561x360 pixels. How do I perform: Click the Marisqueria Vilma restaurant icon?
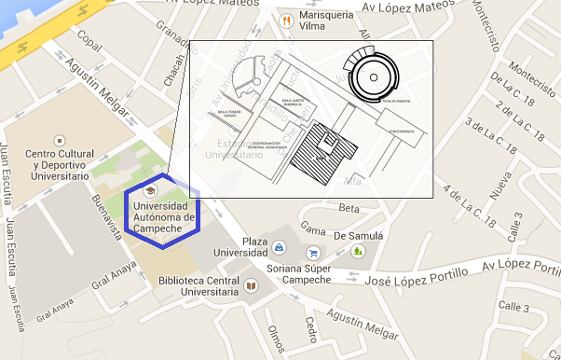click(x=287, y=20)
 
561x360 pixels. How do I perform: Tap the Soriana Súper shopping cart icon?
click(x=314, y=252)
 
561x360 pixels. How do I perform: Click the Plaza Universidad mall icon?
click(x=280, y=249)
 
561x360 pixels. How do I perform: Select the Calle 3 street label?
click(x=513, y=307)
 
